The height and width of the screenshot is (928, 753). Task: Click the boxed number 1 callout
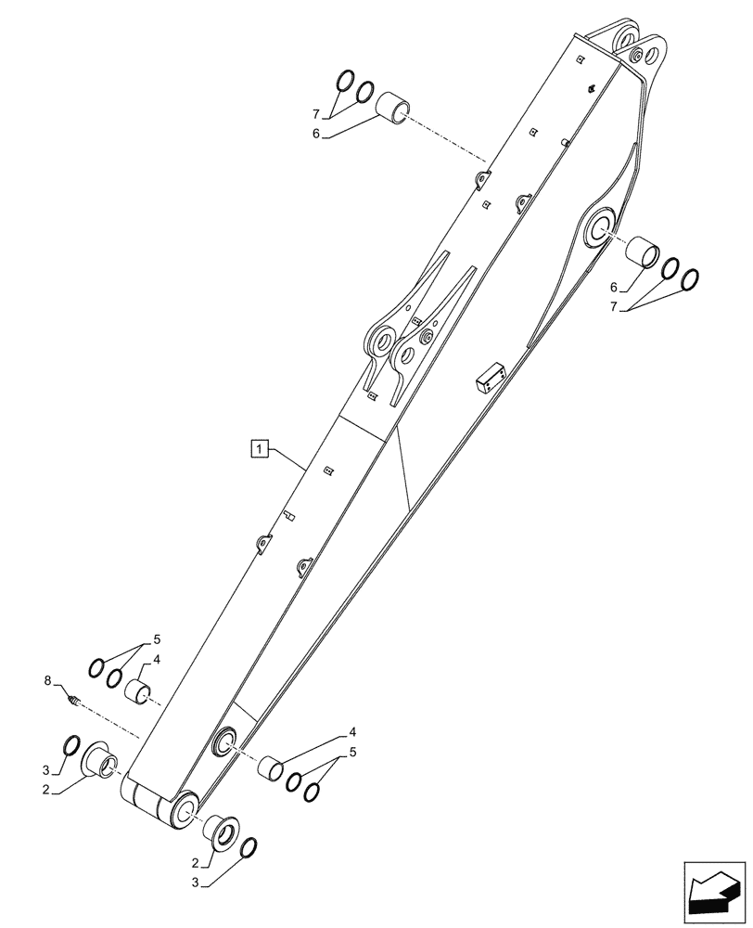click(x=259, y=450)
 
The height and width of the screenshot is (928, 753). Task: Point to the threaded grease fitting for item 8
click(x=75, y=701)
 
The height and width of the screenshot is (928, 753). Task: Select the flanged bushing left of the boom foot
click(x=101, y=759)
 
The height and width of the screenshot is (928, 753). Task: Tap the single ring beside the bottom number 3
click(x=249, y=848)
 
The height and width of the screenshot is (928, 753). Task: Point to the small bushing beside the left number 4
click(x=139, y=692)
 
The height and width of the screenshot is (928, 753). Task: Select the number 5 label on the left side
click(x=157, y=639)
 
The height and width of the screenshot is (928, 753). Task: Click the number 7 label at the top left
click(x=315, y=114)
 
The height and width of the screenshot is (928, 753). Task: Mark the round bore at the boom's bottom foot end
click(x=184, y=809)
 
